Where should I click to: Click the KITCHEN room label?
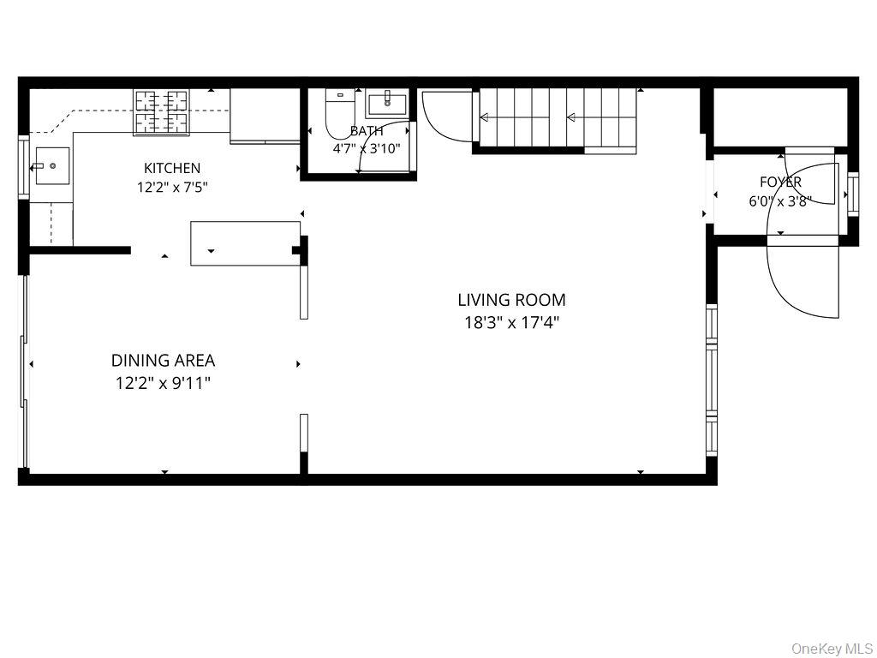[171, 168]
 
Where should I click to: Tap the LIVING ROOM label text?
[511, 300]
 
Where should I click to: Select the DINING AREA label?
[163, 361]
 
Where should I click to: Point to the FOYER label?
[780, 182]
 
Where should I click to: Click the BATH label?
[367, 131]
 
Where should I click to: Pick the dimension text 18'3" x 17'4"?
[512, 323]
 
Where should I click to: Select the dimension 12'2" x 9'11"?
[164, 383]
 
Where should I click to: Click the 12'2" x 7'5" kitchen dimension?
[172, 187]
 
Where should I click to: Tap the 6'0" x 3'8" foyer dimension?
[780, 200]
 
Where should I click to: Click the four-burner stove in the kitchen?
[160, 112]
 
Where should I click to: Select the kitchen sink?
[52, 166]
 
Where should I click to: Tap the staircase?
[558, 118]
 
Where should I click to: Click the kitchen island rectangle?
[246, 243]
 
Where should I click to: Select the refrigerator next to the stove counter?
[265, 116]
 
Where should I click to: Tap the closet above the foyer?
[779, 117]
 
